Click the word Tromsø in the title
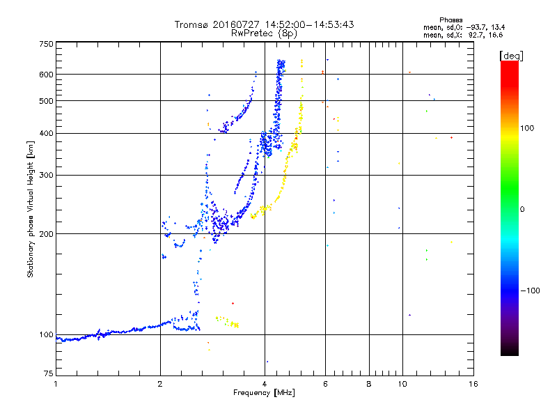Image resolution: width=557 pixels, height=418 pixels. [191, 25]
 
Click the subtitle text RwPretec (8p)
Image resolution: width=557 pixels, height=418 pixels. [264, 33]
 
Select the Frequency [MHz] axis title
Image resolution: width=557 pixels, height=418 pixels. [264, 393]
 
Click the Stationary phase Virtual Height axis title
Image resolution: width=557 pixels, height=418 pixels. [30, 210]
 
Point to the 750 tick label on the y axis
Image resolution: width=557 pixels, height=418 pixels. [46, 44]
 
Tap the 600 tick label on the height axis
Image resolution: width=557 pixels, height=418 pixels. [46, 75]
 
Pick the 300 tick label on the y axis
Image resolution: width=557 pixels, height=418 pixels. [46, 176]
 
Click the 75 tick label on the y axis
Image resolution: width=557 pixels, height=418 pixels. [49, 373]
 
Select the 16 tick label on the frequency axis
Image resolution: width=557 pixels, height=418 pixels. [473, 385]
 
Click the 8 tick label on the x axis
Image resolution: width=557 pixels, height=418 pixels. [369, 385]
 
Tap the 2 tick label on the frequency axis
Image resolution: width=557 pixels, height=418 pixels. [160, 385]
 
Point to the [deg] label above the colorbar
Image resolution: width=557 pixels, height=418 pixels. [511, 56]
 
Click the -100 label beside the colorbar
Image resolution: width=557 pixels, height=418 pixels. [530, 291]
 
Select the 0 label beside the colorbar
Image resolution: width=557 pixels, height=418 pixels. [522, 210]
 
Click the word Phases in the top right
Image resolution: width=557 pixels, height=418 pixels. [450, 20]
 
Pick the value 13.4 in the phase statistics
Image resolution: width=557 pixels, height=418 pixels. [498, 27]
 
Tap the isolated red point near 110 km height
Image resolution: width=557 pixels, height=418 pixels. [233, 303]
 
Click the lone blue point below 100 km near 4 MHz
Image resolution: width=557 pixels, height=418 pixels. [267, 362]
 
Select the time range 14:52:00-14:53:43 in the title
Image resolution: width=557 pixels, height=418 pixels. [309, 25]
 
